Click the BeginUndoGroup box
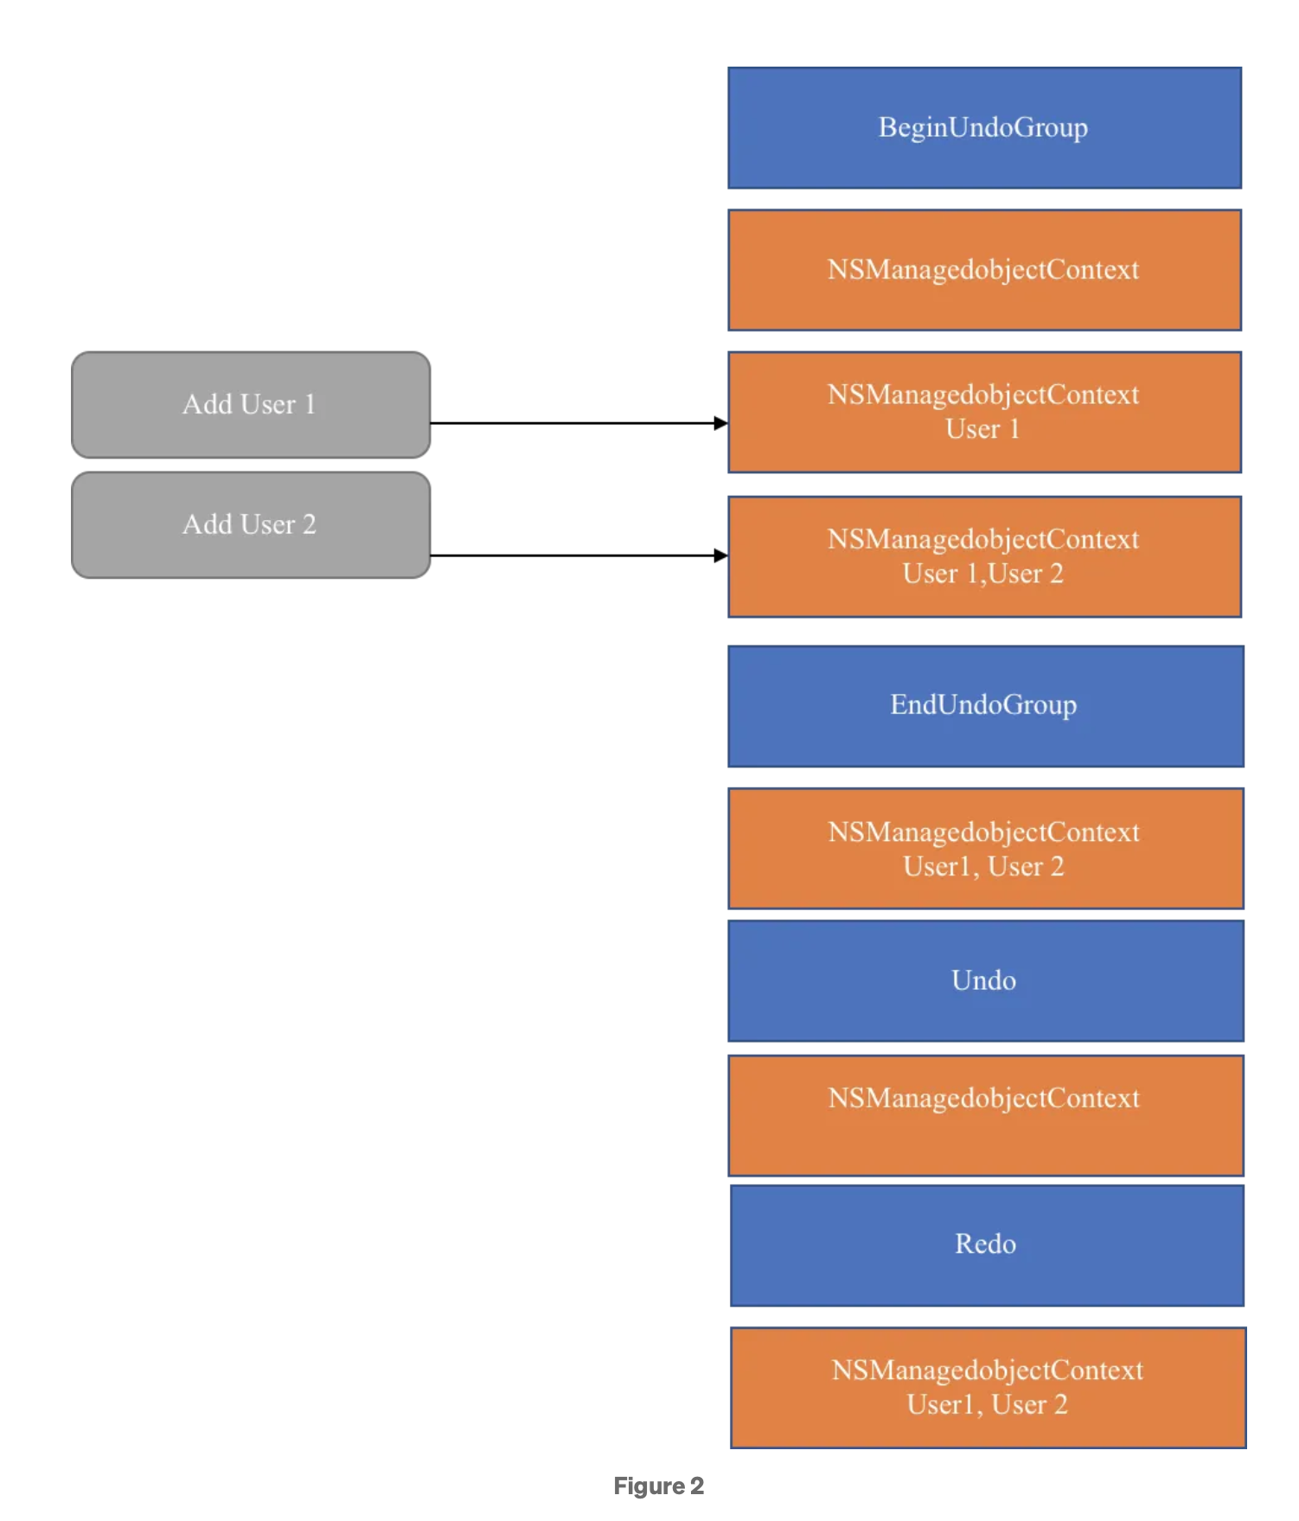[984, 128]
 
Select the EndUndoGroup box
[985, 706]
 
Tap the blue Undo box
[985, 980]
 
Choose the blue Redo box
[986, 1245]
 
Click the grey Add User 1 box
[250, 405]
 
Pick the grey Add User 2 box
[250, 525]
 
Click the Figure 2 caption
[658, 1486]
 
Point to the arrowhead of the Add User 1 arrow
[721, 423]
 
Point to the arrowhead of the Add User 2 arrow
[721, 555]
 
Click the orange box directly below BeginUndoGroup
[984, 270]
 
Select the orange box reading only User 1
[984, 412]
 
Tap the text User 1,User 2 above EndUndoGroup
[982, 574]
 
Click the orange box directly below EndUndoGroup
[985, 848]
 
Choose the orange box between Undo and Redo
[985, 1114]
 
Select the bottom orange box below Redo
[988, 1387]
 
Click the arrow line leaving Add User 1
[571, 423]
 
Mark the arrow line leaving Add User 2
[571, 555]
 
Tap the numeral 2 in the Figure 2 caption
[697, 1486]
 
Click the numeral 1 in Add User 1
[310, 405]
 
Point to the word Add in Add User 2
[207, 524]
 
